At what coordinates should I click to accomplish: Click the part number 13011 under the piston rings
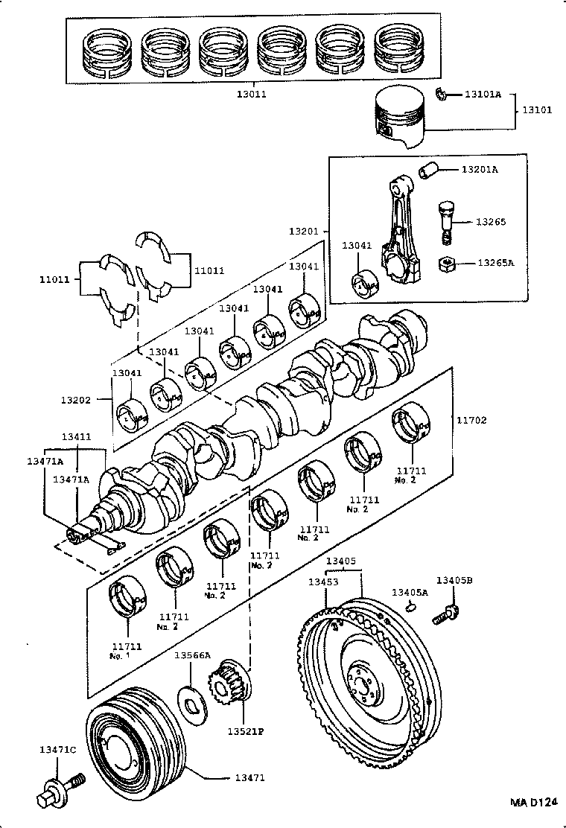(251, 95)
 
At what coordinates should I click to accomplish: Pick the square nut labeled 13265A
(448, 264)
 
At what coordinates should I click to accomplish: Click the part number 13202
(76, 400)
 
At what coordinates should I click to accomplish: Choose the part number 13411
(77, 436)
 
